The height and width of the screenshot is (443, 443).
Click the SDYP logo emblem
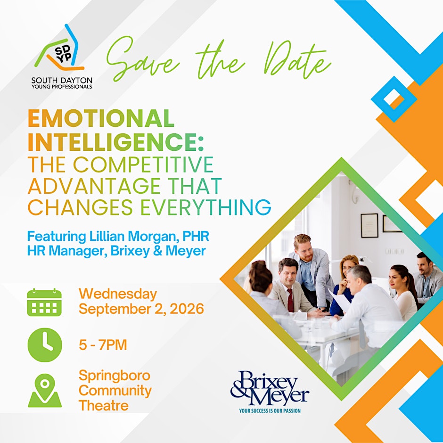coord(59,48)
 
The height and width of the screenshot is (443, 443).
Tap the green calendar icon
coord(44,302)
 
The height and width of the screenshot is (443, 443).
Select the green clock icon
coord(45,345)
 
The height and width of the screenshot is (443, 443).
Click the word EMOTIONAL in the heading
coord(101,118)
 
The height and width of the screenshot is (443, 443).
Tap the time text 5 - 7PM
coord(103,345)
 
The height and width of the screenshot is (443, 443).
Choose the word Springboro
coord(115,376)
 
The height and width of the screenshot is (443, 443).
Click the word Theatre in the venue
coord(104,406)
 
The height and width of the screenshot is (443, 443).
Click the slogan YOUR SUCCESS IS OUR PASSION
coord(270,410)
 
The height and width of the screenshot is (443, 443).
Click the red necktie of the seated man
coord(290,300)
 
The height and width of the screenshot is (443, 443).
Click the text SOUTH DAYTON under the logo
coord(62,81)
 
